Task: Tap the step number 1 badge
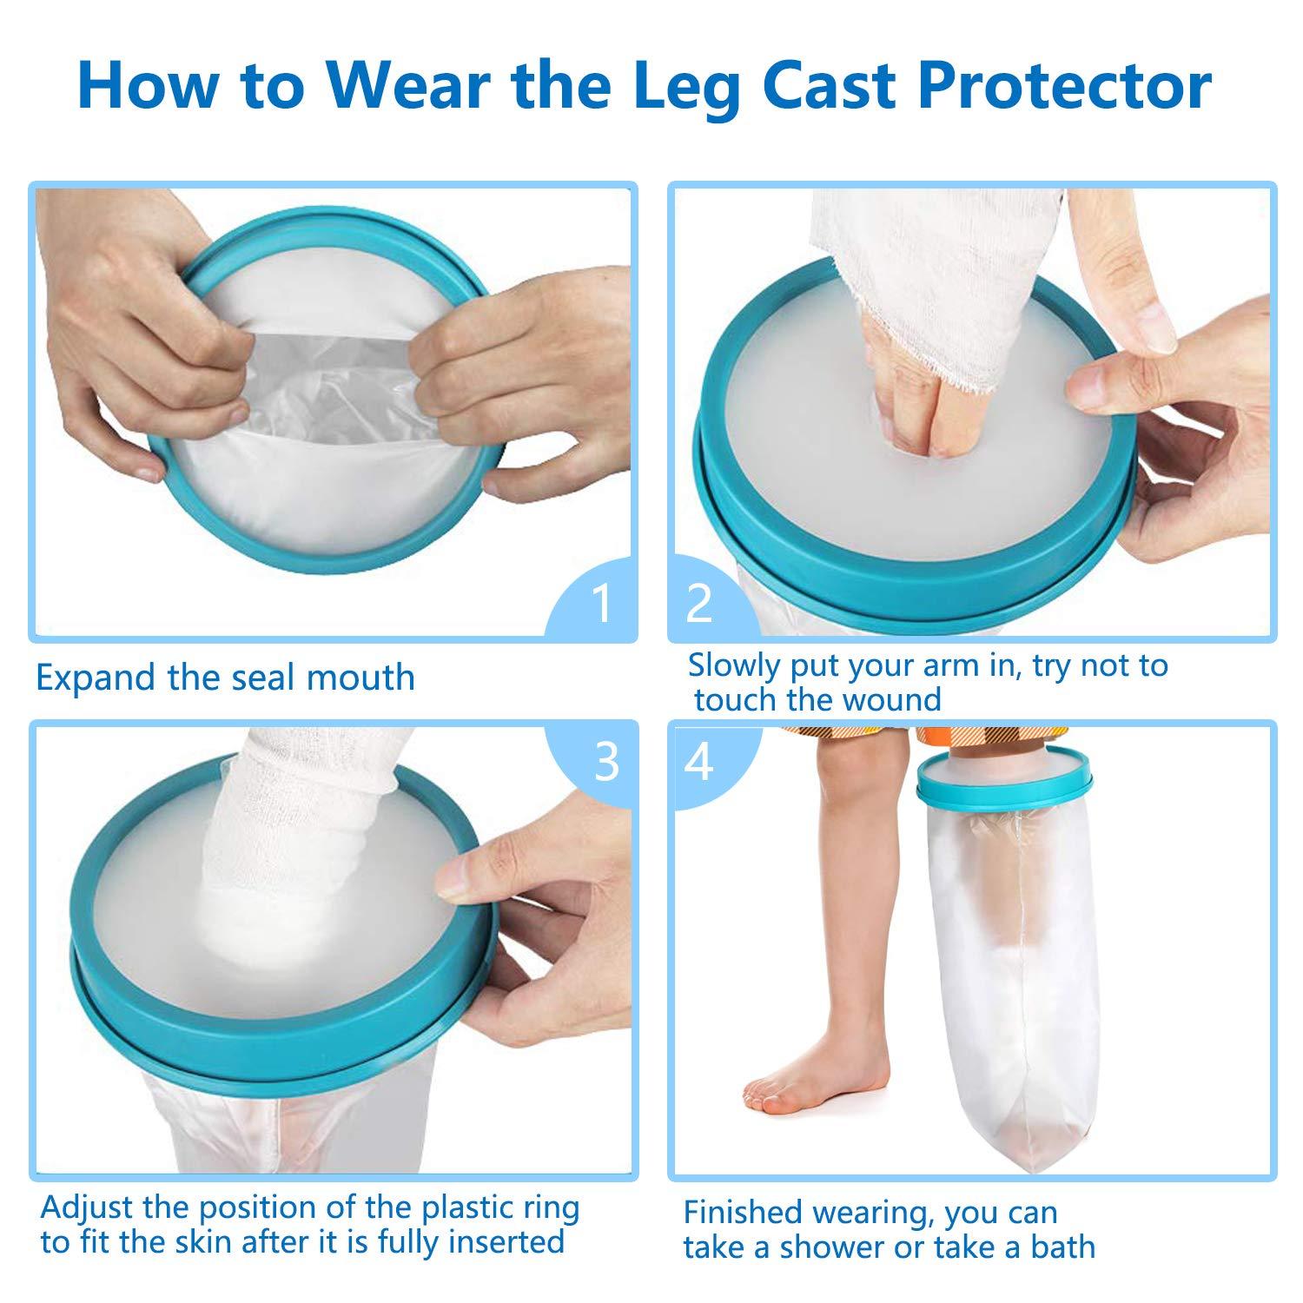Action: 600,604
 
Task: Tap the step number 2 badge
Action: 700,604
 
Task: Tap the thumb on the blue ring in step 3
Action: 469,877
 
